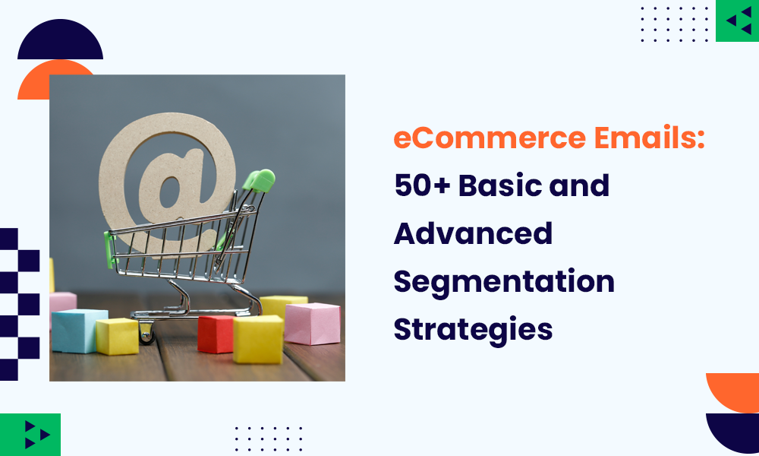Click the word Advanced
[473, 234]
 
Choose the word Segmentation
[504, 282]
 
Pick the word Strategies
[473, 329]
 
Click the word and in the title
[581, 186]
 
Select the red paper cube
[216, 334]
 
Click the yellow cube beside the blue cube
[118, 336]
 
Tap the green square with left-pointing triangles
[737, 21]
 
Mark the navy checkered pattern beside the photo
[20, 304]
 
